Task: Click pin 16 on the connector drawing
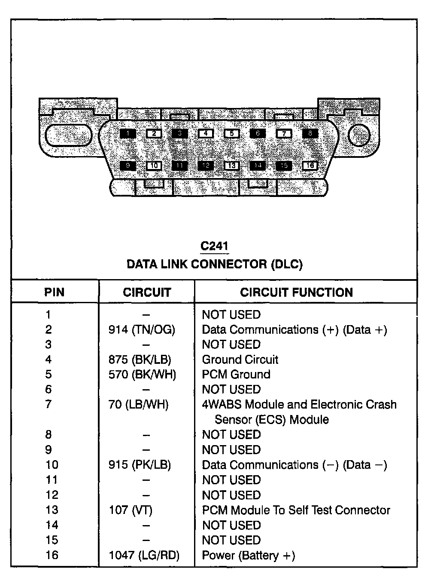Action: coord(310,166)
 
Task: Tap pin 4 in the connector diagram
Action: coord(206,133)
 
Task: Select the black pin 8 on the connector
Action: coord(310,133)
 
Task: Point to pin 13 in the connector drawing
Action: coord(231,166)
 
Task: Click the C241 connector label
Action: coord(214,246)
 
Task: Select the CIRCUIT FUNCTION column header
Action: coord(296,292)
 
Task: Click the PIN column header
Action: coord(54,292)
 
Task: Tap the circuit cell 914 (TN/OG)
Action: coord(142,330)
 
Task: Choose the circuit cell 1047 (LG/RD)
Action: coord(144,555)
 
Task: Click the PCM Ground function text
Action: coord(236,375)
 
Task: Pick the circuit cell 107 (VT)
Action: coord(131,510)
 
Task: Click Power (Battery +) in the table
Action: coord(248,555)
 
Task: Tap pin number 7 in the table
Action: coord(49,404)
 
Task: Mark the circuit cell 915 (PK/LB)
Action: coord(140,465)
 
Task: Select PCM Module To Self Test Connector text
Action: coord(296,510)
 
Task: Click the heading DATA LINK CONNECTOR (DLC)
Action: coord(214,264)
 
